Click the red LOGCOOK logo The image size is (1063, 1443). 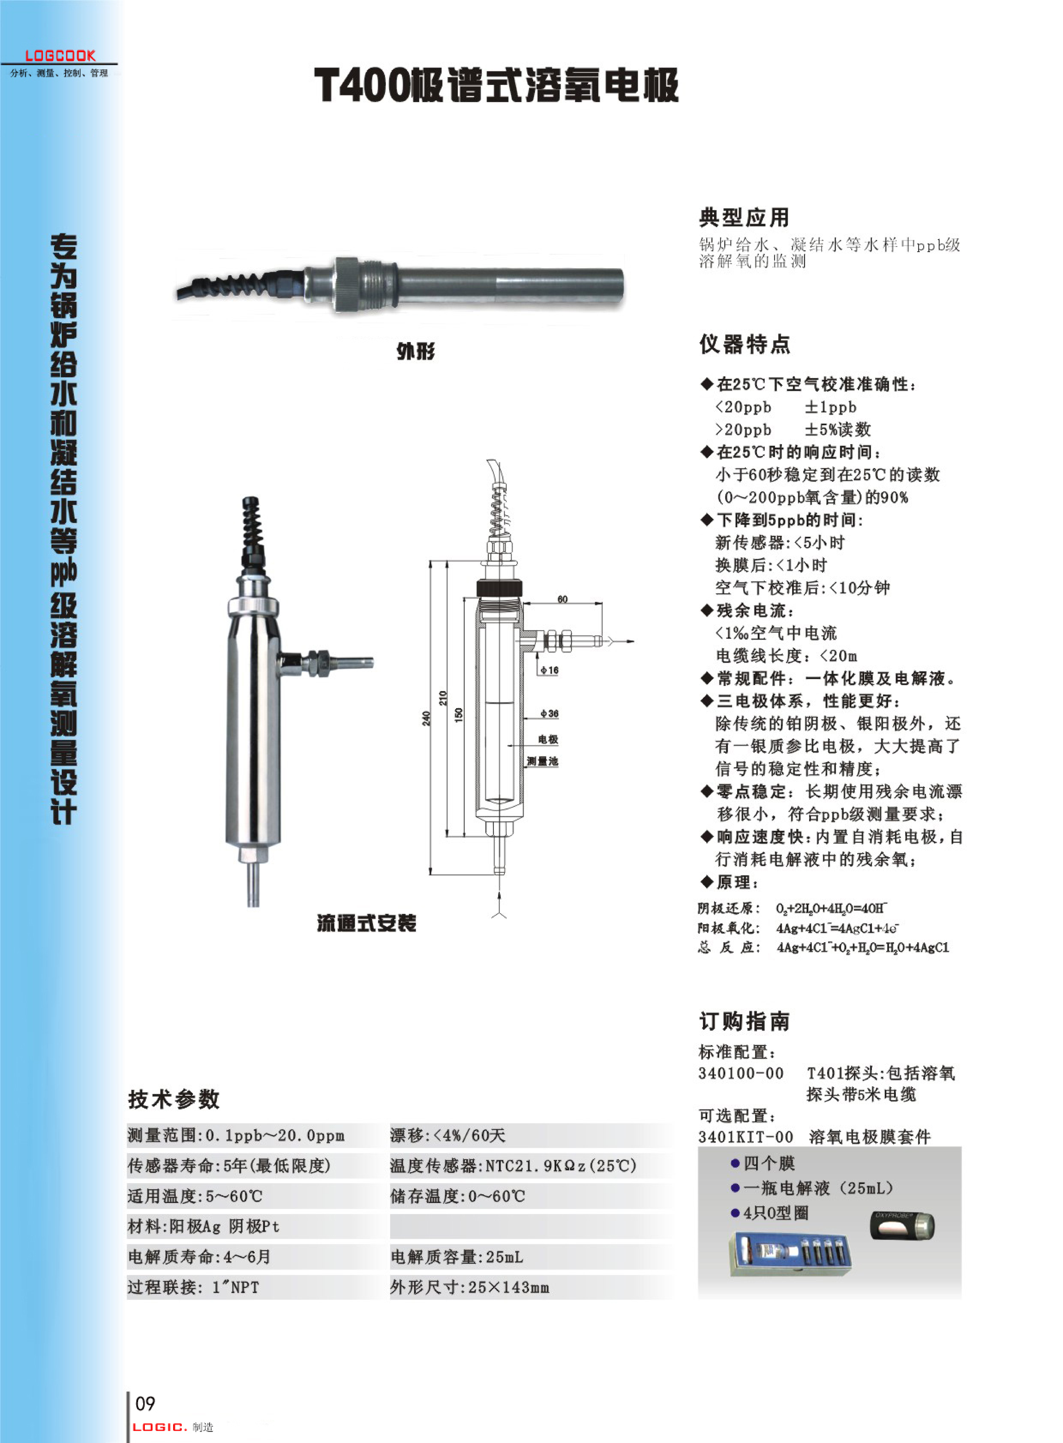(x=60, y=56)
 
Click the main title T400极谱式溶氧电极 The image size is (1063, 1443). (x=496, y=85)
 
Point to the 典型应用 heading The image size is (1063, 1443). (x=744, y=218)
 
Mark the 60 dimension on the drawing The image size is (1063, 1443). (x=562, y=599)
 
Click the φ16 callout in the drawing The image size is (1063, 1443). (x=550, y=670)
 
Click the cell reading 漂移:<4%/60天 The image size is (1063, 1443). (x=448, y=1135)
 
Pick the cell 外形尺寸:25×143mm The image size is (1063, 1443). (x=470, y=1287)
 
